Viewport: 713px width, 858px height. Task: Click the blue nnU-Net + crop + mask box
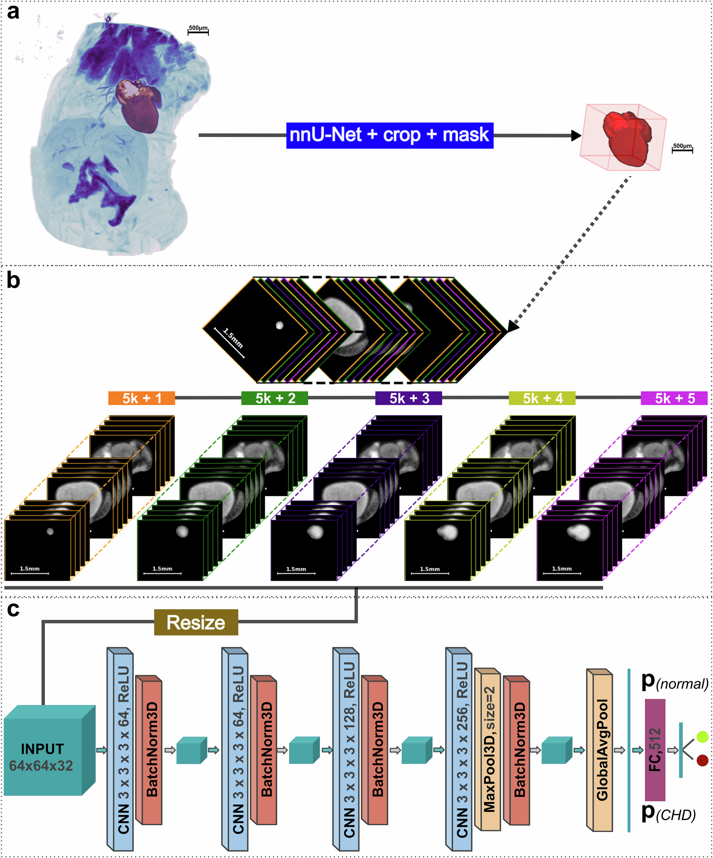(x=389, y=135)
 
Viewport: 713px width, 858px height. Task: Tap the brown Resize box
(x=196, y=622)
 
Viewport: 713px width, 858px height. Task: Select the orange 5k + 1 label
(x=142, y=398)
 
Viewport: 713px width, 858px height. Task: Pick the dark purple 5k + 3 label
(x=408, y=398)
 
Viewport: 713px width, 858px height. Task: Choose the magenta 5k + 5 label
(x=674, y=398)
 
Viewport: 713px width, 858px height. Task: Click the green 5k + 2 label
(x=275, y=398)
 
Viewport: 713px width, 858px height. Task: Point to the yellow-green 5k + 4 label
(x=542, y=398)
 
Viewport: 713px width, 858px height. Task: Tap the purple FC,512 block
(x=655, y=750)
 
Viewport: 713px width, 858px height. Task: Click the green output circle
(x=702, y=737)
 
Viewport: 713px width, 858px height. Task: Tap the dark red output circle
(x=702, y=760)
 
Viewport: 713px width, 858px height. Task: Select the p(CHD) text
(x=668, y=814)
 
